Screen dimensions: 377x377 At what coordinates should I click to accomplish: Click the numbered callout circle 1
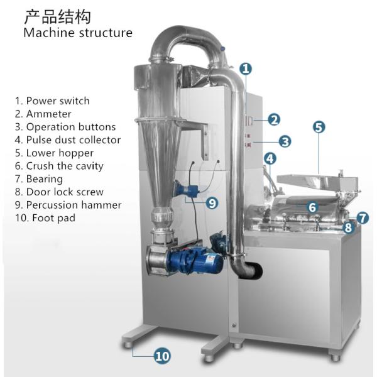[246, 68]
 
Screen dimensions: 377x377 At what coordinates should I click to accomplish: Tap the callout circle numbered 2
[273, 119]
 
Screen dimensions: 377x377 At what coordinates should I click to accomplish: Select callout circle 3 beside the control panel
[284, 141]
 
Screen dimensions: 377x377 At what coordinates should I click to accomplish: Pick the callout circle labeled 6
[312, 206]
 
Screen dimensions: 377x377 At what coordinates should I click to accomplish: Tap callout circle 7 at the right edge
[363, 218]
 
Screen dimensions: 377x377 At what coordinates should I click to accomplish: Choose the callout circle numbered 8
[348, 227]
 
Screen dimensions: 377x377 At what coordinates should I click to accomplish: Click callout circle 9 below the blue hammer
[212, 202]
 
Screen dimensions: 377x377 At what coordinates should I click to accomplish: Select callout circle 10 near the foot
[162, 356]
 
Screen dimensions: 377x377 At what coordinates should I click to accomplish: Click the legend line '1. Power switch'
[52, 101]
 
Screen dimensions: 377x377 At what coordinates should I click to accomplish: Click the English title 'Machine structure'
[78, 33]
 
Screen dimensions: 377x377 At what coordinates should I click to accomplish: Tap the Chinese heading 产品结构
[57, 15]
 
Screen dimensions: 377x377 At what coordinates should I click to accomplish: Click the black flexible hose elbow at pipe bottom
[254, 268]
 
